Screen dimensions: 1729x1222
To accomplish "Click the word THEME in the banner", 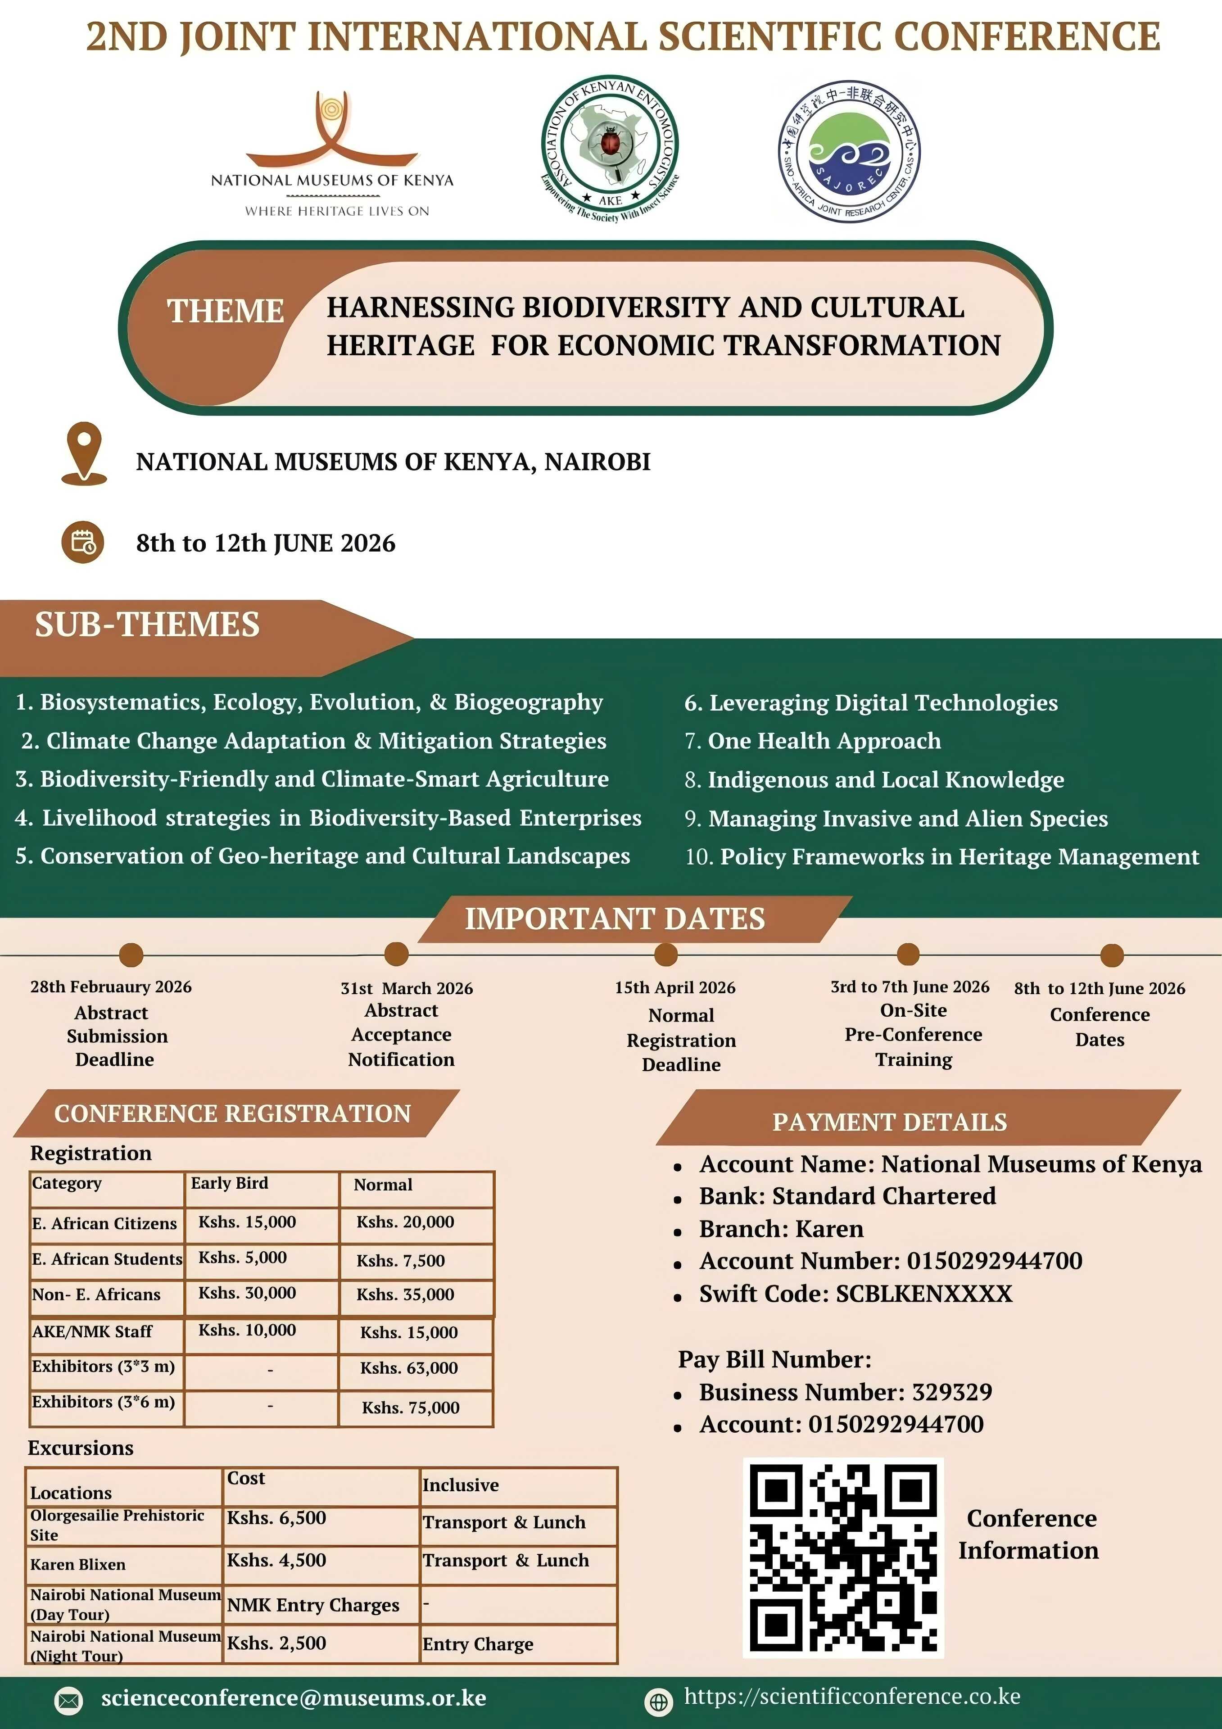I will pos(225,311).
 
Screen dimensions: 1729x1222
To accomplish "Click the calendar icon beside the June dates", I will pos(83,542).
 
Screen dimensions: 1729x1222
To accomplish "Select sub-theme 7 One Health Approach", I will pos(813,741).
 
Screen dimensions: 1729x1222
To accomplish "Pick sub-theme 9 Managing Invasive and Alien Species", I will pos(896,819).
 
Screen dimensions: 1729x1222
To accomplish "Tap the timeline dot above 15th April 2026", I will pos(665,954).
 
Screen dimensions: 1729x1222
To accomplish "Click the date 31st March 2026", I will pos(407,988).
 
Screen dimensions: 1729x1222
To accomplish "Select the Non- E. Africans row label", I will pos(96,1294).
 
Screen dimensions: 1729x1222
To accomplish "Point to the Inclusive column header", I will pos(461,1485).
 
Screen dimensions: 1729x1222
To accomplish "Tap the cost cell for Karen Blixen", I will pos(277,1560).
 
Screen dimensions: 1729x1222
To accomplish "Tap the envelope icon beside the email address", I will pos(69,1700).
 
